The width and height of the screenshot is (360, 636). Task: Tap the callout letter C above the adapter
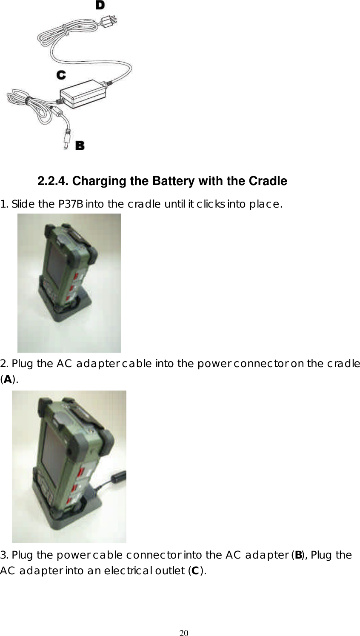click(61, 75)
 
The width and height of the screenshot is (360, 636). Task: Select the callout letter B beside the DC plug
click(80, 145)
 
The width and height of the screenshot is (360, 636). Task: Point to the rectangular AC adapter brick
click(84, 94)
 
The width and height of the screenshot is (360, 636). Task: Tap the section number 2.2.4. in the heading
click(53, 181)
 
